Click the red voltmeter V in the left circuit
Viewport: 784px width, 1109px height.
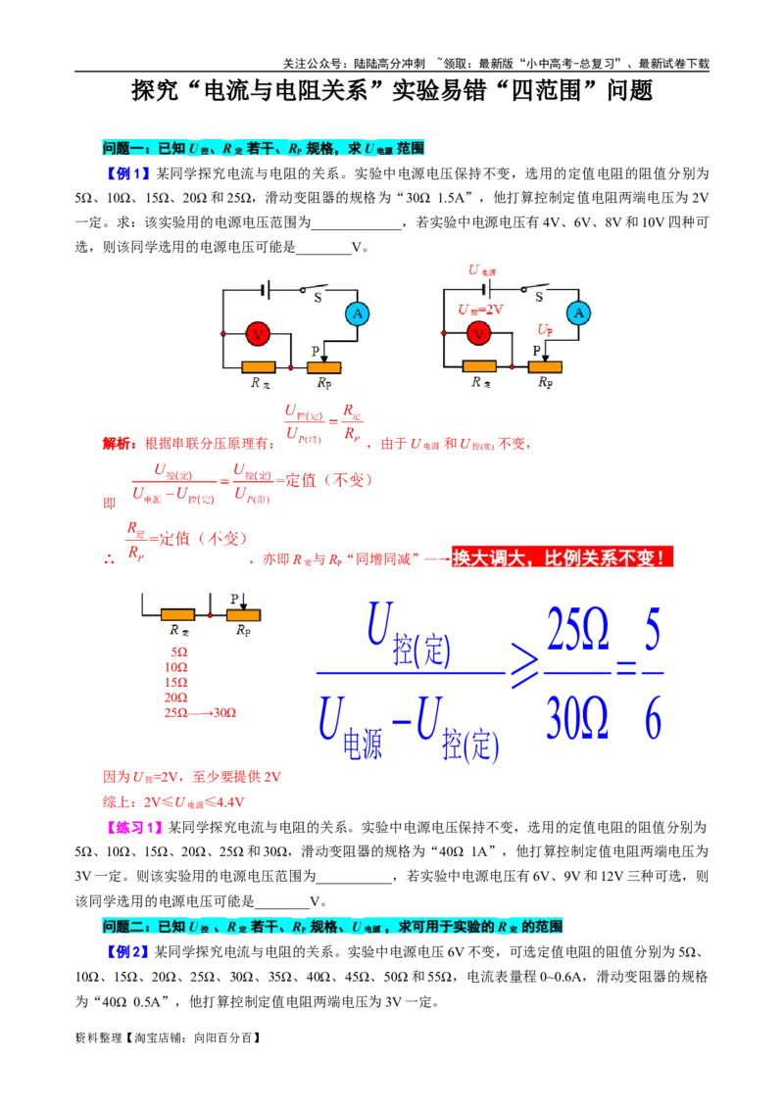(258, 334)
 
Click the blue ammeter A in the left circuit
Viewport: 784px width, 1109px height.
(358, 313)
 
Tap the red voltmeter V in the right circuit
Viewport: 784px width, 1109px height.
(478, 334)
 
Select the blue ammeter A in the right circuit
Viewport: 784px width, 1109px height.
(578, 313)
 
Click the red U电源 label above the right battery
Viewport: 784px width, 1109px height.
(482, 270)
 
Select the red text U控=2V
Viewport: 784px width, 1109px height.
(480, 309)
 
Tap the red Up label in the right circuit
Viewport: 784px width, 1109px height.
(545, 329)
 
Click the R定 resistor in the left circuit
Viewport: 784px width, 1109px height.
(259, 367)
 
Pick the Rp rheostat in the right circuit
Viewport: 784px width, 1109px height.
(545, 366)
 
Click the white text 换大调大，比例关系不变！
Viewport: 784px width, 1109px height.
(562, 558)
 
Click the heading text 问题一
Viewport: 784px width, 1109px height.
(122, 148)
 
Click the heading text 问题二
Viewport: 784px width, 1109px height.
(122, 927)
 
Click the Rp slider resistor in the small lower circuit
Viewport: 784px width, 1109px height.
(243, 615)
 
